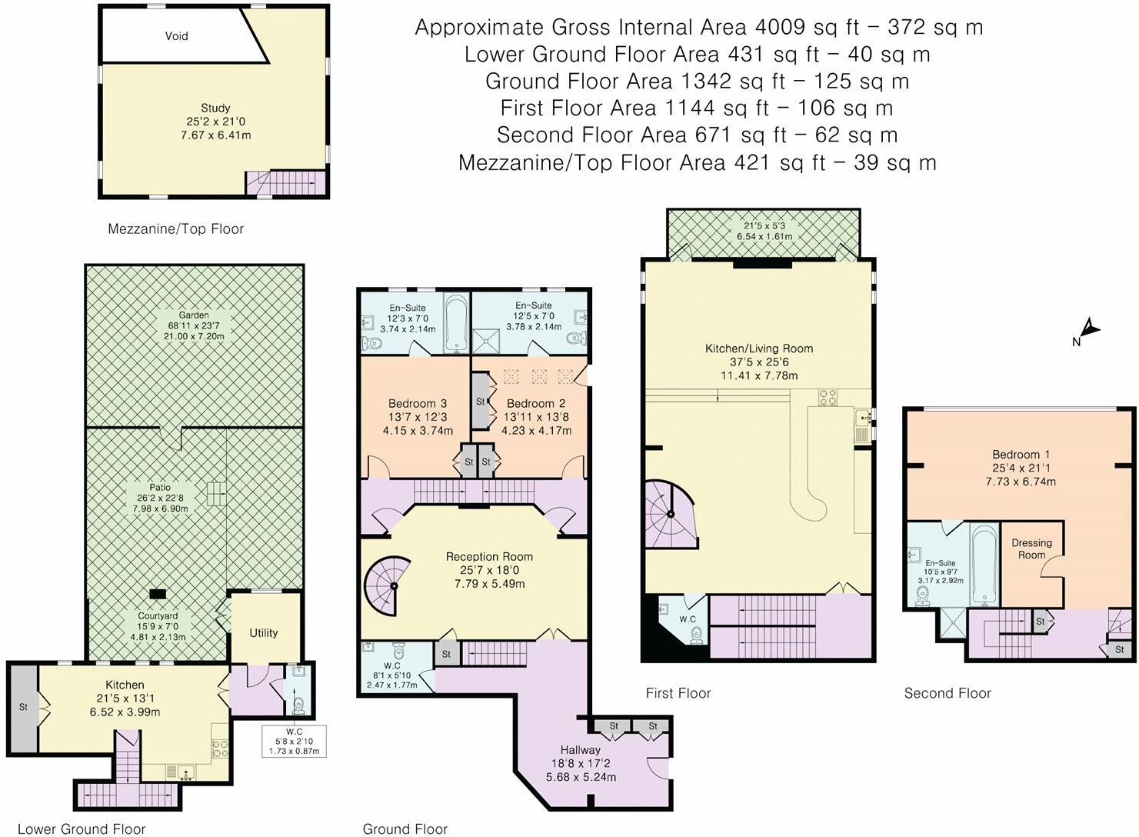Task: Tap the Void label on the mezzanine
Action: pyautogui.click(x=176, y=36)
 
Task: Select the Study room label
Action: pyautogui.click(x=215, y=108)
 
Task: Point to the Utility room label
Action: pyautogui.click(x=263, y=632)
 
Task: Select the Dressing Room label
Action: pyautogui.click(x=1032, y=549)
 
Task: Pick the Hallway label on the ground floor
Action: pyautogui.click(x=580, y=749)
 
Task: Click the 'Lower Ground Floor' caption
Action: pyautogui.click(x=81, y=829)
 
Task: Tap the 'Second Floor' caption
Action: pyautogui.click(x=947, y=693)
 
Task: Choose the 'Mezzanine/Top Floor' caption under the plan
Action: pyautogui.click(x=175, y=228)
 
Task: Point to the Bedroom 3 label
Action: pyautogui.click(x=417, y=403)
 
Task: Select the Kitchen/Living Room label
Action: pyautogui.click(x=758, y=348)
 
